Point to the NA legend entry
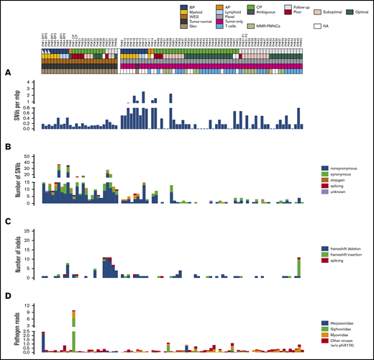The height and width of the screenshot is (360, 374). pos(325,25)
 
